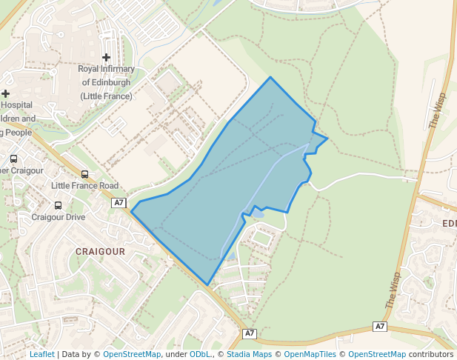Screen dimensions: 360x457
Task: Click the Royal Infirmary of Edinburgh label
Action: point(106,82)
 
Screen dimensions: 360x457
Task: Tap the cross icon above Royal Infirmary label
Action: point(107,57)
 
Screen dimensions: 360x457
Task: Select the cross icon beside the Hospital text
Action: point(6,93)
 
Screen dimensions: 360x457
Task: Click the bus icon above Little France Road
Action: point(84,174)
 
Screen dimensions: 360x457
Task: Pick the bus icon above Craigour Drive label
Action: point(58,205)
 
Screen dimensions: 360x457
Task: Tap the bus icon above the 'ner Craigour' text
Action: point(13,159)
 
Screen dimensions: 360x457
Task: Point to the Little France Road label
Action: point(84,185)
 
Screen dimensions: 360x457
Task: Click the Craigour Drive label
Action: point(58,217)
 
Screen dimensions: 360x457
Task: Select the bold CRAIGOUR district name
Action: point(100,252)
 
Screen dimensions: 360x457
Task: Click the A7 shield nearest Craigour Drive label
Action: point(119,203)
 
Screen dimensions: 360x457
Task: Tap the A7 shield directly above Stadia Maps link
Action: point(250,333)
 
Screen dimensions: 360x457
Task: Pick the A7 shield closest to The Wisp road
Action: point(380,327)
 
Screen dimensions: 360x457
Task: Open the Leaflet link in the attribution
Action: point(41,354)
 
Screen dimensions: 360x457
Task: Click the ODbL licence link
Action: point(200,354)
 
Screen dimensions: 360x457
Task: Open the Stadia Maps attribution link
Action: point(249,354)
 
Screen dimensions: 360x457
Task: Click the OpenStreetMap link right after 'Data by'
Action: point(132,354)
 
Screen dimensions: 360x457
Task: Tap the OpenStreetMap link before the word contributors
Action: point(376,354)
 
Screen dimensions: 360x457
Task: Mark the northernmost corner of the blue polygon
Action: point(270,77)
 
